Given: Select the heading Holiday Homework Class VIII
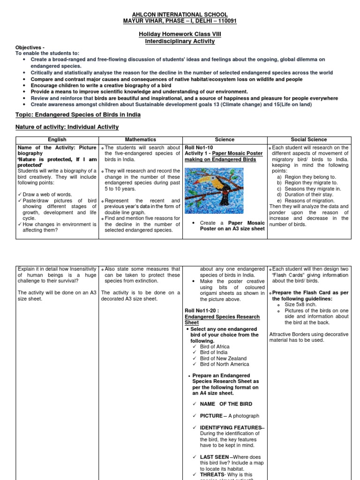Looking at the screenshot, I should click(x=180, y=34).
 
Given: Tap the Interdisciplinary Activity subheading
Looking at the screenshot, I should click(x=180, y=41).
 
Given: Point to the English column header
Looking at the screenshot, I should click(x=57, y=140).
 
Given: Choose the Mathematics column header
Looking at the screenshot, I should click(x=141, y=140).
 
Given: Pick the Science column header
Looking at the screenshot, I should click(x=225, y=140).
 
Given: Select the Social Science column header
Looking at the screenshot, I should click(x=309, y=140).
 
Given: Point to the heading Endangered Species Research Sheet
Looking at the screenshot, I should click(x=215, y=320).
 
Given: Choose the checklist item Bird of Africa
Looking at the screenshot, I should click(x=215, y=346).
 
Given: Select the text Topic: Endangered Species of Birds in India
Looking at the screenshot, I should click(x=78, y=115).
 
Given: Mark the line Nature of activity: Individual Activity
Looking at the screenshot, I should click(x=67, y=127).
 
